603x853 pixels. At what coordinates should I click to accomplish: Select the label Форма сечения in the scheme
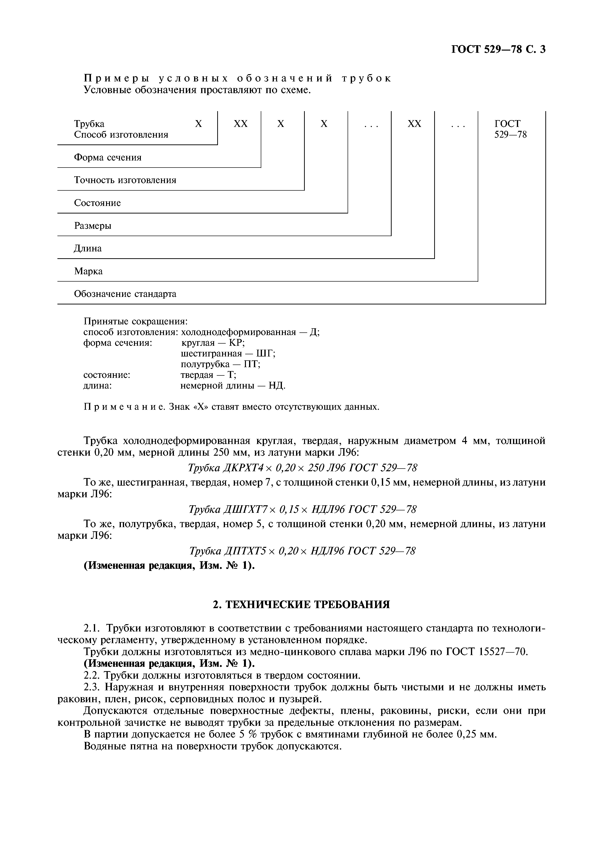(x=108, y=158)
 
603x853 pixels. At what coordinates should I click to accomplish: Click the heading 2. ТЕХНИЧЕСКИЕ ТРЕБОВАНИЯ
(x=301, y=604)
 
